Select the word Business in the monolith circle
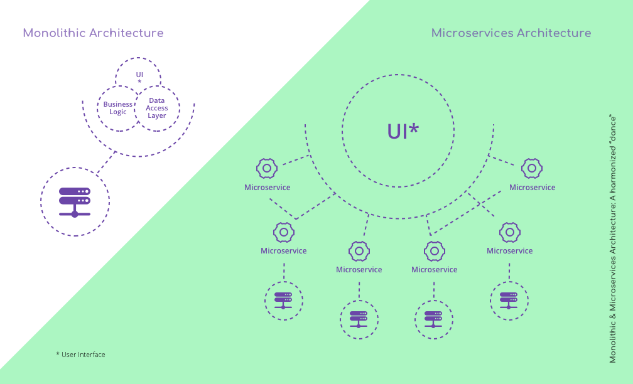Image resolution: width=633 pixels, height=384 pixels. [x=118, y=104]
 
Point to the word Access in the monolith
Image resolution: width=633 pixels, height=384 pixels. [x=157, y=108]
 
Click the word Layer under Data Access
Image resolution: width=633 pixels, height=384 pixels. [x=157, y=115]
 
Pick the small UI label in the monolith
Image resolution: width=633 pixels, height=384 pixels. [x=139, y=75]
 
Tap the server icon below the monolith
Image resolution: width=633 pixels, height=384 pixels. [x=75, y=201]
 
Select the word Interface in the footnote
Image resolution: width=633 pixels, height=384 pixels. [x=92, y=355]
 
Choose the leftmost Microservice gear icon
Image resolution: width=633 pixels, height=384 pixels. [x=267, y=168]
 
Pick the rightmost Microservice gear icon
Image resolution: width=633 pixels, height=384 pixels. [x=532, y=168]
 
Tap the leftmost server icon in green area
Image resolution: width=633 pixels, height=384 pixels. [x=283, y=300]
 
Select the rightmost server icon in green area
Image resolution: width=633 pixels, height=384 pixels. [x=509, y=300]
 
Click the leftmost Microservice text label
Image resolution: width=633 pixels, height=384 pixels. [x=268, y=188]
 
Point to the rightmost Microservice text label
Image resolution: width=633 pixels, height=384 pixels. [x=532, y=188]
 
